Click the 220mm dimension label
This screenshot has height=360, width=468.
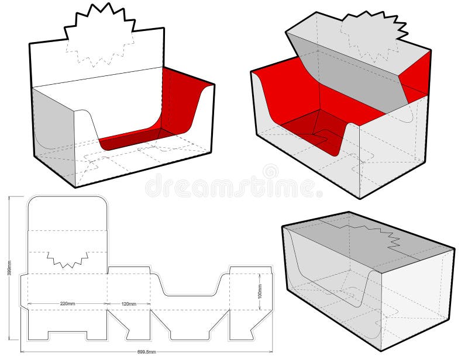pyautogui.click(x=67, y=303)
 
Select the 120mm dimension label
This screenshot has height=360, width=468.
pyautogui.click(x=129, y=303)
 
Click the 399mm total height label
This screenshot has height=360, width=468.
pyautogui.click(x=10, y=274)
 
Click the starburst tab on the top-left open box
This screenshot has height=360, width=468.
pyautogui.click(x=99, y=23)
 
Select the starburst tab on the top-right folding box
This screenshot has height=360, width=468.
pyautogui.click(x=373, y=29)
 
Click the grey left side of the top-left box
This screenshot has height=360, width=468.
pyautogui.click(x=51, y=126)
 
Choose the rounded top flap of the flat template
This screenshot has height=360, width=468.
pyautogui.click(x=67, y=213)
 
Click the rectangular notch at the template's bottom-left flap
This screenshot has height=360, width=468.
pyautogui.click(x=67, y=336)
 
